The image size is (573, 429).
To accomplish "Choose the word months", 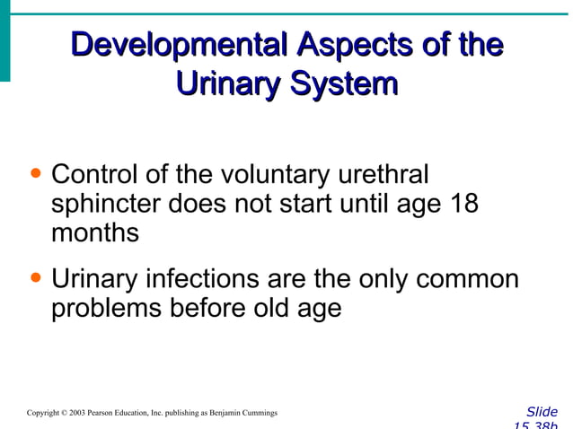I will (x=95, y=233).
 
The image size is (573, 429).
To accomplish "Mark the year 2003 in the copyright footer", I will (x=79, y=413).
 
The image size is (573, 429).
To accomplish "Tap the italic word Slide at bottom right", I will (x=542, y=412).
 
